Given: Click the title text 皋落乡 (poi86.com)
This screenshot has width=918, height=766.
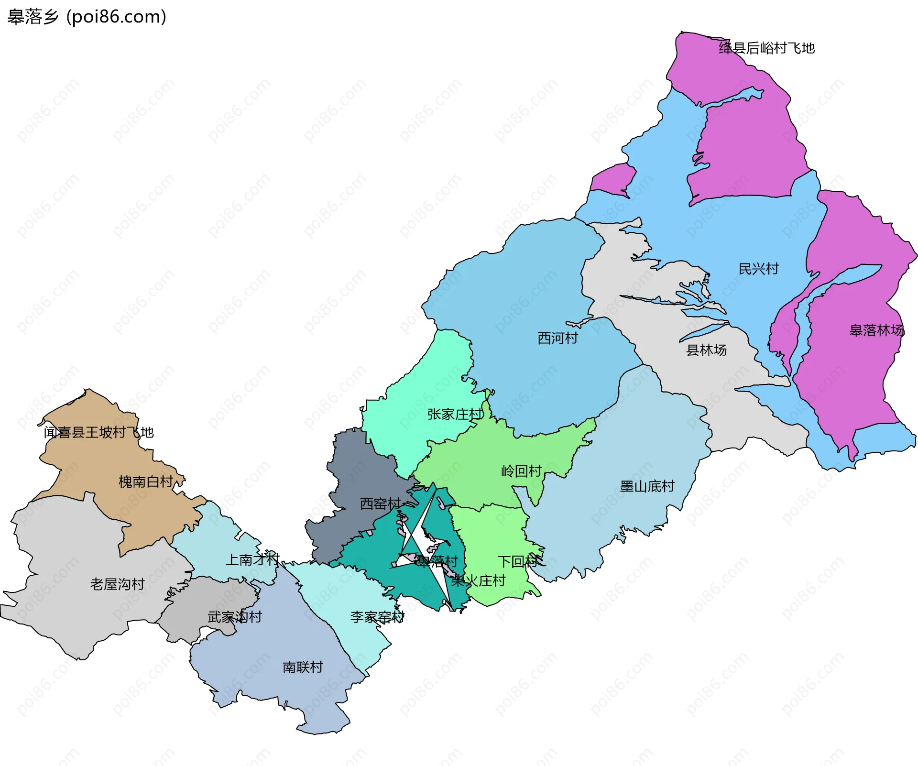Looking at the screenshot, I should [87, 17].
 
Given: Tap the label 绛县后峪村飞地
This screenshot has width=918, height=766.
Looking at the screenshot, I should [766, 48].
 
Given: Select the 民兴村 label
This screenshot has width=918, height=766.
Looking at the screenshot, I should [758, 269].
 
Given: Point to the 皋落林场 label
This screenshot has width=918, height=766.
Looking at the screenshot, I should [876, 330].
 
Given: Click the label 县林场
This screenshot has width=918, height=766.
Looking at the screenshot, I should [706, 350].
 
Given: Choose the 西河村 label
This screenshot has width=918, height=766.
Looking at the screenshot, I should [557, 338].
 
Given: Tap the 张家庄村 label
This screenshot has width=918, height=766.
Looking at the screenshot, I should [455, 414].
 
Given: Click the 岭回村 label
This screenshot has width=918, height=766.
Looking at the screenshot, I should [521, 471].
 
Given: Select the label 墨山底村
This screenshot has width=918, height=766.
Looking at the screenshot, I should [647, 486].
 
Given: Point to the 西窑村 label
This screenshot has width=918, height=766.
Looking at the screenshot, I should [380, 503].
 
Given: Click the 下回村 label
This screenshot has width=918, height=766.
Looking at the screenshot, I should [517, 561].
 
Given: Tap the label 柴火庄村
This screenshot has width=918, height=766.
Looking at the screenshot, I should [478, 581].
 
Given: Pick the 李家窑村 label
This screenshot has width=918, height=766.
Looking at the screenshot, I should [377, 617].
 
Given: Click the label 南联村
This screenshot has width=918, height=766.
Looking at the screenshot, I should [303, 667].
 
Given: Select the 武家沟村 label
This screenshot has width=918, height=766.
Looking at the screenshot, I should [235, 617].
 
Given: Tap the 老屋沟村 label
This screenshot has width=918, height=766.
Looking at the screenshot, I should [117, 584].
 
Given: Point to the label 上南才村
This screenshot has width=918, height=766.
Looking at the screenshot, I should [252, 559].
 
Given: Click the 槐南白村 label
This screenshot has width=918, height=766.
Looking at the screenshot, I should [146, 481].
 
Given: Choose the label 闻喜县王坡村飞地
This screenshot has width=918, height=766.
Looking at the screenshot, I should [98, 432].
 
